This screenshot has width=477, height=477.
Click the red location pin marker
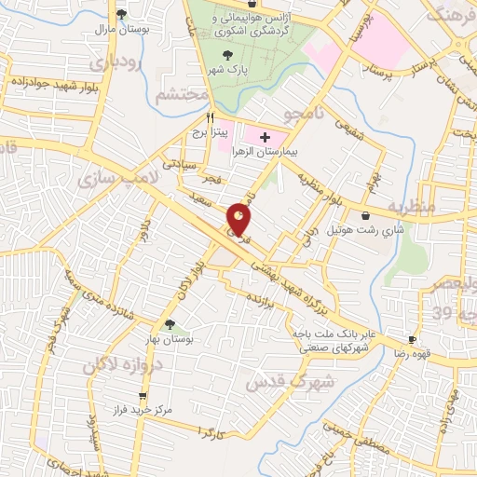coord(240,220)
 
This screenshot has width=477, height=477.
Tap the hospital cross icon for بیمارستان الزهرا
coord(266,137)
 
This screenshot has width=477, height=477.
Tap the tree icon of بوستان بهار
coord(169,324)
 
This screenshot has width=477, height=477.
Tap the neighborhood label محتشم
coord(180,95)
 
